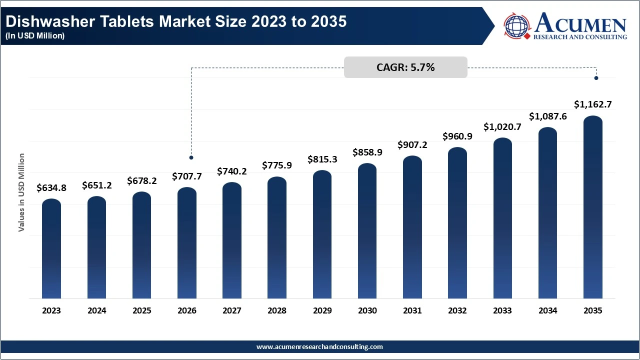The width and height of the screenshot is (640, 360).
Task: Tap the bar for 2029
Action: point(322,234)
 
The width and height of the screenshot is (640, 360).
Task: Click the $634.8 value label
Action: point(51,188)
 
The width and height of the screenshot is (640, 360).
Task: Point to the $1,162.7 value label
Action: point(592,104)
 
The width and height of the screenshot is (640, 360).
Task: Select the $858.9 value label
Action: point(367,152)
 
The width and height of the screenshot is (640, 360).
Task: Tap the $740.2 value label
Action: point(232,171)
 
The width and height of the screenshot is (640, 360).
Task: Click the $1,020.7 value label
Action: point(502,127)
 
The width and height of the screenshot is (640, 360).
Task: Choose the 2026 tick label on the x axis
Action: point(187,310)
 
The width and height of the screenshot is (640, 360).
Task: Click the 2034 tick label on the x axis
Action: point(547,310)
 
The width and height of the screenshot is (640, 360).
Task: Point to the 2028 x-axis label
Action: point(277,310)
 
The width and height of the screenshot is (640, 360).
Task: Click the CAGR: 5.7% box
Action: point(405,67)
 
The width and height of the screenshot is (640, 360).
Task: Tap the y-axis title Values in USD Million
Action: point(21,192)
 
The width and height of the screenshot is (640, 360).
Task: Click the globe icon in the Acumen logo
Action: point(516,26)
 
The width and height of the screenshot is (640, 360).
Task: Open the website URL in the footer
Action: point(319,346)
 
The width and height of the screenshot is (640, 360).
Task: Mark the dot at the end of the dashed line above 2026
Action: point(191,157)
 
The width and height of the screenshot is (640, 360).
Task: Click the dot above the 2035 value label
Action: point(596,78)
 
